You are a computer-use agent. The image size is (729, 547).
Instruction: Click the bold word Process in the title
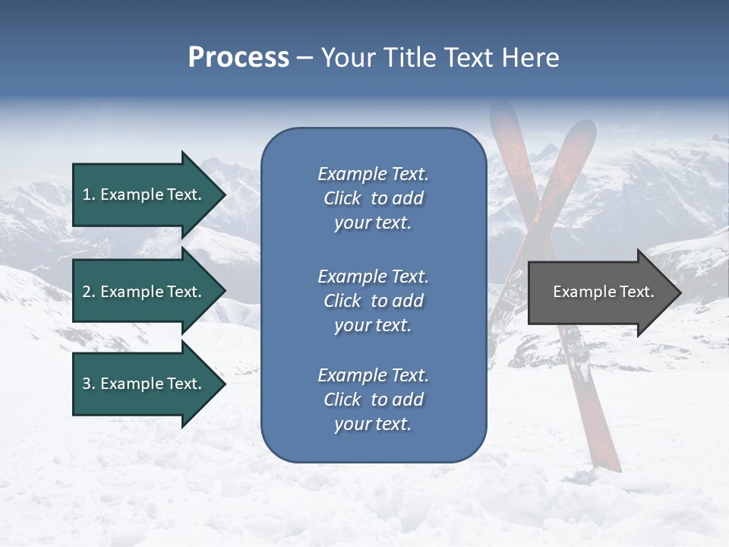pyautogui.click(x=238, y=58)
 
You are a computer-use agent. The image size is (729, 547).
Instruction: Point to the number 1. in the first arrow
pyautogui.click(x=88, y=194)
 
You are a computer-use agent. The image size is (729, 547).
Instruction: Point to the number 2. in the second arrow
pyautogui.click(x=88, y=292)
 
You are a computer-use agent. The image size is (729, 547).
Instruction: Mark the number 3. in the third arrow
pyautogui.click(x=88, y=384)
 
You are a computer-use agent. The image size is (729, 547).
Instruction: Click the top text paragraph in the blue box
pyautogui.click(x=373, y=198)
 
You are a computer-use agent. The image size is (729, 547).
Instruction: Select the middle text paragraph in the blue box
pyautogui.click(x=373, y=300)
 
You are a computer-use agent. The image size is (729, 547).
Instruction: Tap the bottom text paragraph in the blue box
pyautogui.click(x=373, y=400)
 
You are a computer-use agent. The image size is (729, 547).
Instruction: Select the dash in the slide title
pyautogui.click(x=305, y=58)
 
